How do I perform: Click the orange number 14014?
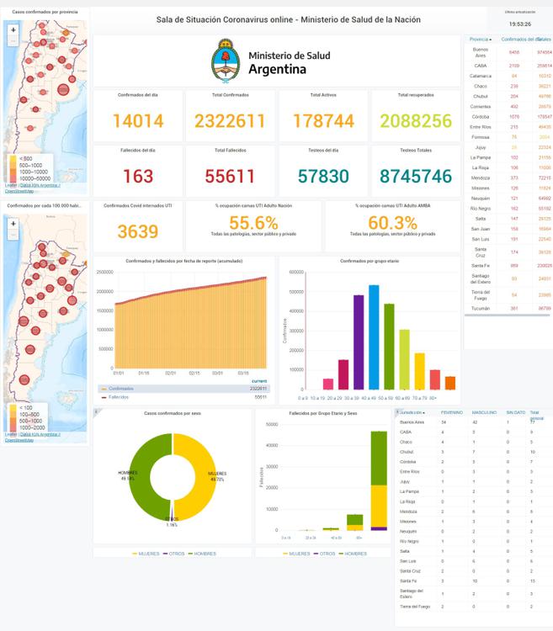coord(138,121)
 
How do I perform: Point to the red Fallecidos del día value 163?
coord(138,176)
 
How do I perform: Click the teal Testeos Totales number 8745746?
coord(415,176)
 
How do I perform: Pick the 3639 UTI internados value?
coord(138,231)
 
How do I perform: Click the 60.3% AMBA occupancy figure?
coord(392,223)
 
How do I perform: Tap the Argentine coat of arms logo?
coord(226,61)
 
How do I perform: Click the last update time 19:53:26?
coord(519,24)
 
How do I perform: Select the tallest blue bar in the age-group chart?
coord(374,337)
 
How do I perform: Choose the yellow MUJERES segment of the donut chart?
coord(196,475)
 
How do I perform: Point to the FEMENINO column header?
coord(452,413)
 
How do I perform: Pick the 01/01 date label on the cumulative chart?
coord(120,373)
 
